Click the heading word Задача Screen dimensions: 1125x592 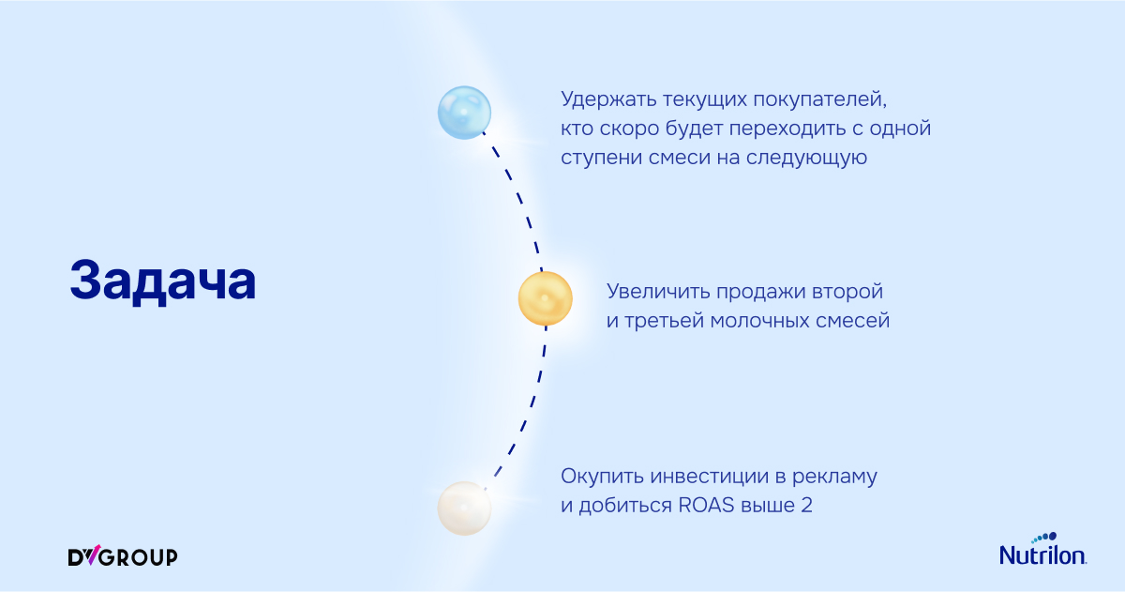163,281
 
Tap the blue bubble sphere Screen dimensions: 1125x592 464,113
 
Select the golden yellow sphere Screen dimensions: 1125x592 545,298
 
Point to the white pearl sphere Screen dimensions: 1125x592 464,509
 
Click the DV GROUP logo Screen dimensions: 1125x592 123,555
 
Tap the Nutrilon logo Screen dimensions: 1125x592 1042,549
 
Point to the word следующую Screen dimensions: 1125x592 806,159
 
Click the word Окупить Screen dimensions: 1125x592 602,477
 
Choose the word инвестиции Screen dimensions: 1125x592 710,477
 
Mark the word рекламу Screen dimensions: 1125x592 834,478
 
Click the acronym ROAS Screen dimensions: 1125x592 706,505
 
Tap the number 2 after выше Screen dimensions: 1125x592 806,505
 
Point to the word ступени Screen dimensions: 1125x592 601,159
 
